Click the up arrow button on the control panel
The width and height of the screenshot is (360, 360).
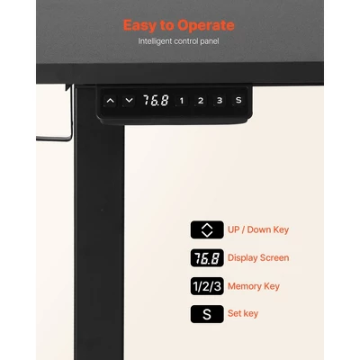tap(111, 101)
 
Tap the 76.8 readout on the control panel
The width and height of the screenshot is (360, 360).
tap(156, 100)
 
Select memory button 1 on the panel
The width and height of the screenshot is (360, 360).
tap(182, 101)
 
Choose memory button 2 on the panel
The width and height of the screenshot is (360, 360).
tap(201, 101)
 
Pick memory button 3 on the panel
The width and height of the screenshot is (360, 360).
tap(220, 101)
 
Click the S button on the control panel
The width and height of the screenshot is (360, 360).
tap(238, 100)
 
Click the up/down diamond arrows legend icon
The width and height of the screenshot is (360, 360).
tap(207, 229)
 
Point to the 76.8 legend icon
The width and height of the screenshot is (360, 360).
tap(207, 258)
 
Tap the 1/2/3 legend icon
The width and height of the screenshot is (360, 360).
tap(207, 286)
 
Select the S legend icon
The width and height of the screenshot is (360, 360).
tap(207, 314)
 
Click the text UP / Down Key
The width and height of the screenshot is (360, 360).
tap(258, 230)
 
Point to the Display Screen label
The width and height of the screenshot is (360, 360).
tap(258, 258)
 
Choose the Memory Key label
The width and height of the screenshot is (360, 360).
tap(254, 286)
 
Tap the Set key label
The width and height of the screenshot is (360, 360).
tap(243, 314)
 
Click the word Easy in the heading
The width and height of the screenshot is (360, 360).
tap(139, 26)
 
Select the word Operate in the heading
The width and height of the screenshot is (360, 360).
tap(206, 26)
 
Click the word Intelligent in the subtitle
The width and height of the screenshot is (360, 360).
tap(155, 41)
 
